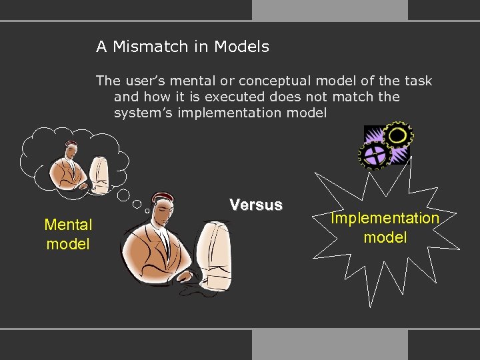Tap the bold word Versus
[256, 205]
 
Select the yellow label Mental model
[68, 234]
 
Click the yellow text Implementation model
[385, 227]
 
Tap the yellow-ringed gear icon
[399, 135]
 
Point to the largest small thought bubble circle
[124, 195]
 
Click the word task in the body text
[418, 81]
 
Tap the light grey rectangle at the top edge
[329, 9]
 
